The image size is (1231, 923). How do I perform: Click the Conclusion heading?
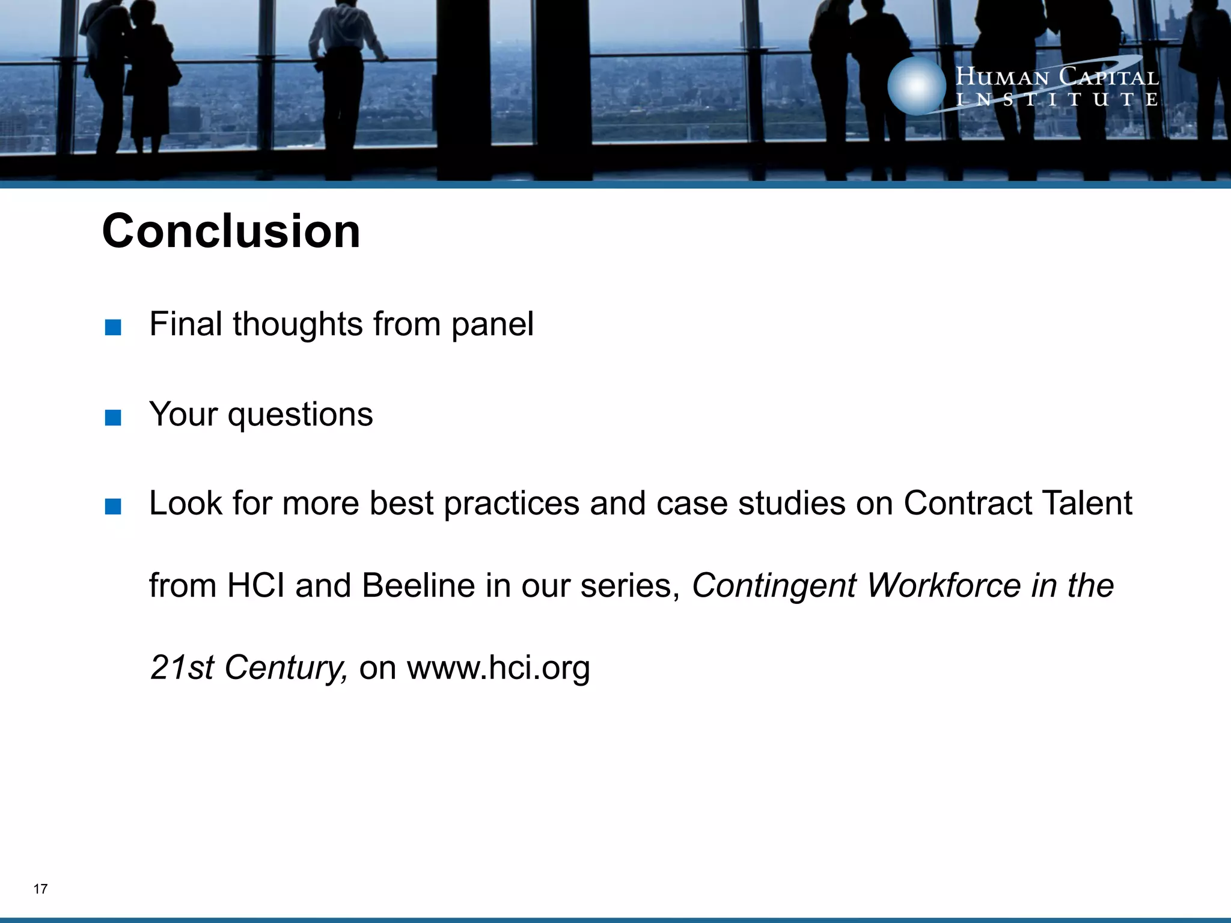pos(231,231)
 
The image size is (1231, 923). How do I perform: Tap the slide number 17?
pos(40,889)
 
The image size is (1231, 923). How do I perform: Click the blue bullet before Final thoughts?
pos(112,328)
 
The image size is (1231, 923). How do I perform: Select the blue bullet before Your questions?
pos(112,418)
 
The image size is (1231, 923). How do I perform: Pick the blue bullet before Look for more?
pos(112,507)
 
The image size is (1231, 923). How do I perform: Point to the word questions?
pos(300,415)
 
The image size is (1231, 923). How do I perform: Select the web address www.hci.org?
pos(498,668)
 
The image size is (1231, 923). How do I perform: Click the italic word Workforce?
pos(943,585)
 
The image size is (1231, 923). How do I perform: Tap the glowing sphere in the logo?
pos(916,86)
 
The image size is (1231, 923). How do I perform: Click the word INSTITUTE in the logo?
pos(1057,100)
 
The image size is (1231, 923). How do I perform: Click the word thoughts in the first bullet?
pos(298,324)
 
